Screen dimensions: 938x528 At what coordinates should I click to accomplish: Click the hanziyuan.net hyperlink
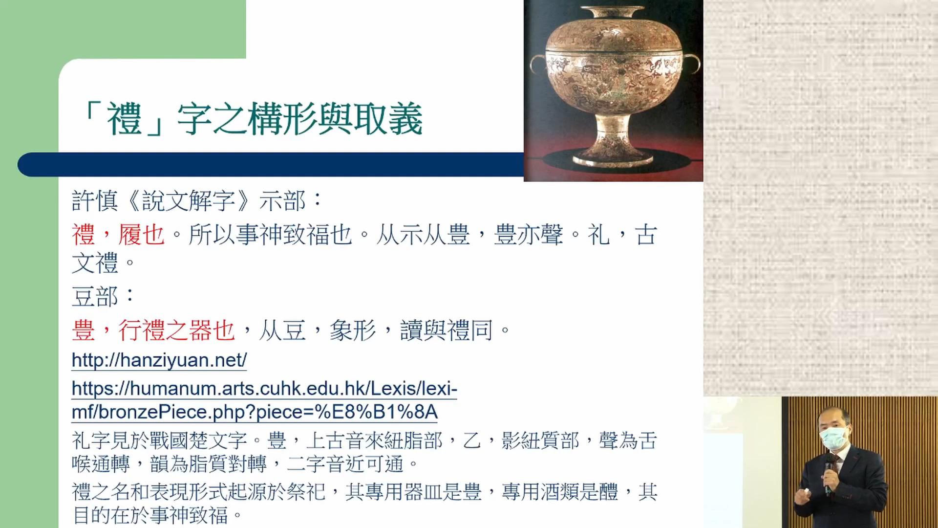pos(159,360)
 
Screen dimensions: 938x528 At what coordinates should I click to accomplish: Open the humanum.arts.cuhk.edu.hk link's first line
pos(264,389)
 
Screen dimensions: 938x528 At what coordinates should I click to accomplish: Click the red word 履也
pos(141,235)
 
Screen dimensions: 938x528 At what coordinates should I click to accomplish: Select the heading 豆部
pos(95,297)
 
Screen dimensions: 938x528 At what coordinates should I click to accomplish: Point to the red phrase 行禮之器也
pos(177,330)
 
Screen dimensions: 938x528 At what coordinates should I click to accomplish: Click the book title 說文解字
pos(189,201)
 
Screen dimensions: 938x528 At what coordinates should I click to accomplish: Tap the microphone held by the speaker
pos(829,474)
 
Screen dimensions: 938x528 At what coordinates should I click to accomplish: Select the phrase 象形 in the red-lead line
pos(353,330)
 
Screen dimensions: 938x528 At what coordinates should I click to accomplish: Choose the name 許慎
pos(95,201)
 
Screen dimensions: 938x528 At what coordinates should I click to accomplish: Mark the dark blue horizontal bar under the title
pos(271,164)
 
